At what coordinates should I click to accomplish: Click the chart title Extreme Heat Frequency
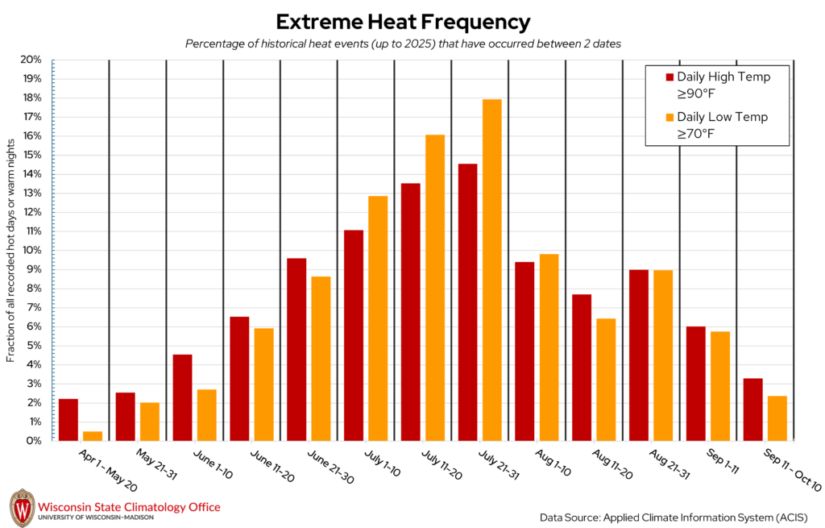pyautogui.click(x=403, y=21)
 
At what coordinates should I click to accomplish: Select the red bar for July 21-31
pyautogui.click(x=467, y=302)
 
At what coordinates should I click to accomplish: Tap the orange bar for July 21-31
pyautogui.click(x=491, y=270)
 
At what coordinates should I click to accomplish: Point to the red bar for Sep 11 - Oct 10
pyautogui.click(x=752, y=410)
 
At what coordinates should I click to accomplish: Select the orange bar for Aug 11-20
pyautogui.click(x=606, y=380)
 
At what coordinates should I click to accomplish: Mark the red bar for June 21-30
pyautogui.click(x=296, y=349)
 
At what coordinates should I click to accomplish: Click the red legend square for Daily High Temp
pyautogui.click(x=669, y=77)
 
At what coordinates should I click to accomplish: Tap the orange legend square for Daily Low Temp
pyautogui.click(x=669, y=117)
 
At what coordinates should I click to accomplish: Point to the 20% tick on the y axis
pyautogui.click(x=52, y=60)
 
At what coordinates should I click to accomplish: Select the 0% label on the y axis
pyautogui.click(x=34, y=441)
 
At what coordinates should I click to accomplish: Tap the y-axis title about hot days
pyautogui.click(x=11, y=250)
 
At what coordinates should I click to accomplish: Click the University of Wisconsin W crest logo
pyautogui.click(x=22, y=508)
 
